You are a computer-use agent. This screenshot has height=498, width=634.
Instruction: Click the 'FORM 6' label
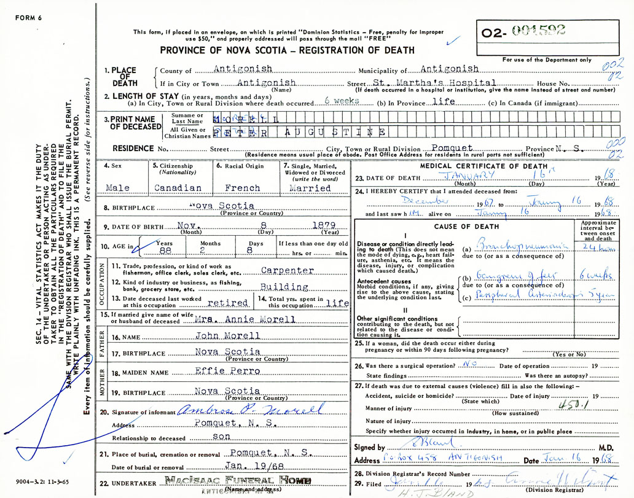click(x=28, y=17)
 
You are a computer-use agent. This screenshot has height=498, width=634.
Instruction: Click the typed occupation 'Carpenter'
click(x=288, y=270)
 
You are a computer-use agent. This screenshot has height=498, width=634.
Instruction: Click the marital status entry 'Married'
click(x=309, y=188)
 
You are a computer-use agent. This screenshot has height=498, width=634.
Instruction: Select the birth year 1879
click(x=324, y=226)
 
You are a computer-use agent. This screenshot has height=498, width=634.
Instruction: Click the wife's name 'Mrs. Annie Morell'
click(x=245, y=319)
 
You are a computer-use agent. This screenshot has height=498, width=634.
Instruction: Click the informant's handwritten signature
click(x=250, y=410)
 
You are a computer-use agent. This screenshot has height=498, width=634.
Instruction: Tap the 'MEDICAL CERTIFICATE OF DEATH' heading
click(x=483, y=166)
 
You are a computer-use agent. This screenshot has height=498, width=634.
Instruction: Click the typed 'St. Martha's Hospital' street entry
click(x=434, y=83)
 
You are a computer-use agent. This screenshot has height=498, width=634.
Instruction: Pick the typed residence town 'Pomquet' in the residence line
click(x=452, y=149)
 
